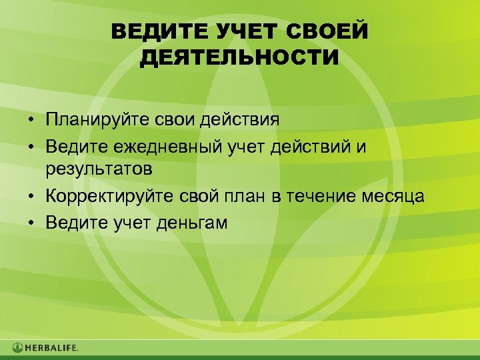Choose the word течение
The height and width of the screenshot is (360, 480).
pyautogui.click(x=329, y=197)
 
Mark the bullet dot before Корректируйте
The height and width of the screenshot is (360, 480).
pyautogui.click(x=31, y=197)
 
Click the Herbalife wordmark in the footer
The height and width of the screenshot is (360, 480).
pyautogui.click(x=52, y=347)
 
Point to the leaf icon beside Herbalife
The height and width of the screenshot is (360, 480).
pyautogui.click(x=17, y=347)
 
